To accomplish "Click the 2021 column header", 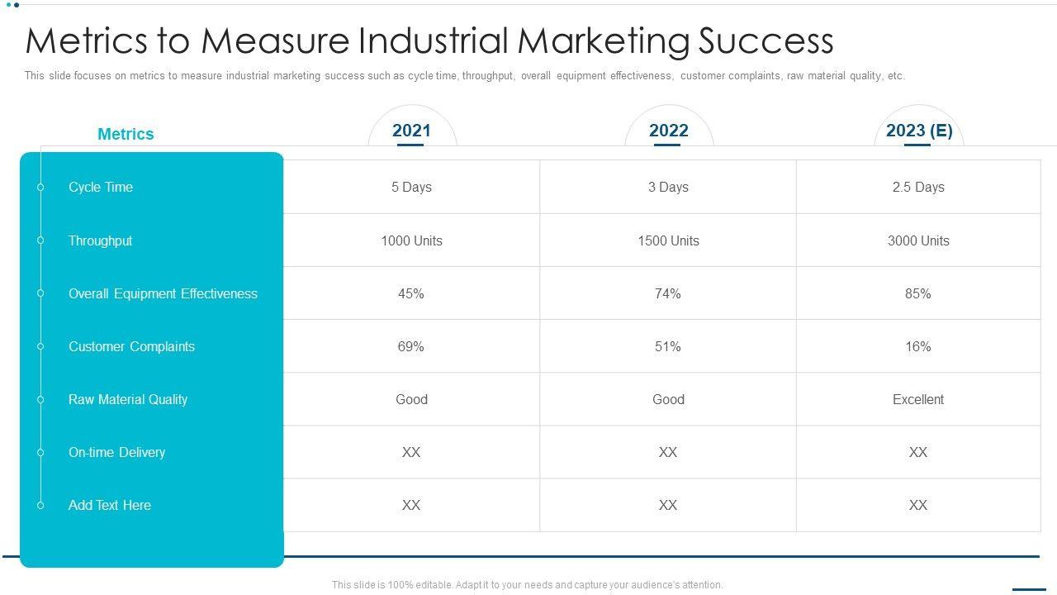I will [411, 131].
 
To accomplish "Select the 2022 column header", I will [668, 131].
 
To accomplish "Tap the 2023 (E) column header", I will [918, 131].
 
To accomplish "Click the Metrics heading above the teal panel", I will [126, 134].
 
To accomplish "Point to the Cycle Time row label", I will [101, 188].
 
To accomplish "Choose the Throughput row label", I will [100, 240].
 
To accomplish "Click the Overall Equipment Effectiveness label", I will [163, 293].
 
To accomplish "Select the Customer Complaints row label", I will [131, 346].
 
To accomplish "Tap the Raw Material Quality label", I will [128, 399].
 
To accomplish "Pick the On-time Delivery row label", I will [116, 452].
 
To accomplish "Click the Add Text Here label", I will [110, 505].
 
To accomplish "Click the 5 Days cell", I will [411, 188].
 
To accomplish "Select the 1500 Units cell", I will [668, 240].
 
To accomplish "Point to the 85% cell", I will [918, 293].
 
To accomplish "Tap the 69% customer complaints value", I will [411, 346].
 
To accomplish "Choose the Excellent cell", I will [918, 399].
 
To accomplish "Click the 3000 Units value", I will [918, 240].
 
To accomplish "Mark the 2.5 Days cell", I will [918, 188].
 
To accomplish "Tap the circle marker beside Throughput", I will [40, 240].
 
